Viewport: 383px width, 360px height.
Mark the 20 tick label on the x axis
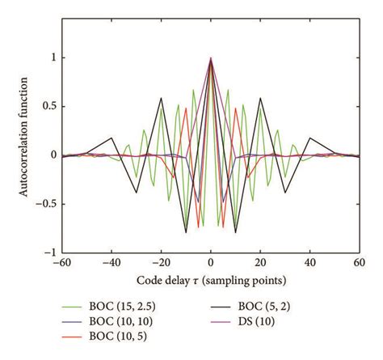(261, 265)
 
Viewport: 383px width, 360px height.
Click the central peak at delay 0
(211, 58)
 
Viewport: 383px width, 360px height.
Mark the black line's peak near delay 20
(260, 99)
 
